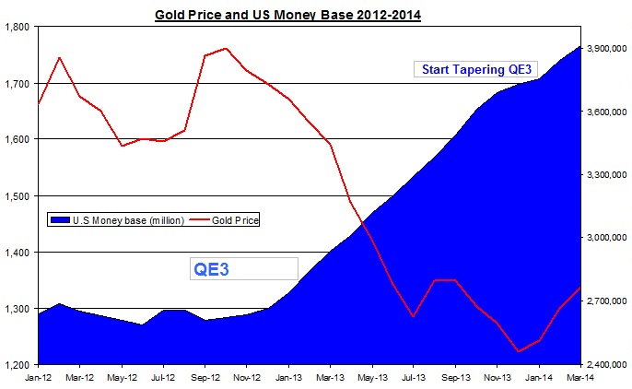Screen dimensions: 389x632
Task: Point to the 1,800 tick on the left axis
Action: tap(18, 27)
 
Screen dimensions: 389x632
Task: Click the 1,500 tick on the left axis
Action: tap(18, 195)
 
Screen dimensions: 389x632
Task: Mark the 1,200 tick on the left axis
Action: tap(18, 365)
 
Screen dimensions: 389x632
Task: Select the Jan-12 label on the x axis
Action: tap(38, 377)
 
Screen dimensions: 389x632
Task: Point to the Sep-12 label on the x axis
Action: tap(205, 377)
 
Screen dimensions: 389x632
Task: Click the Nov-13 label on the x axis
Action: tap(497, 377)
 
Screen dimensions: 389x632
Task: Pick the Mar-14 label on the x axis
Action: tap(579, 377)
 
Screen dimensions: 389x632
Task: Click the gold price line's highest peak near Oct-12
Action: tap(226, 48)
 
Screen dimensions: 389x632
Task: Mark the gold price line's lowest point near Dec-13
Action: tap(519, 351)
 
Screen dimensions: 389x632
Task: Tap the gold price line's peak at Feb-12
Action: tap(59, 57)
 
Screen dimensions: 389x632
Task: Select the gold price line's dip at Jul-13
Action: tap(414, 317)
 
